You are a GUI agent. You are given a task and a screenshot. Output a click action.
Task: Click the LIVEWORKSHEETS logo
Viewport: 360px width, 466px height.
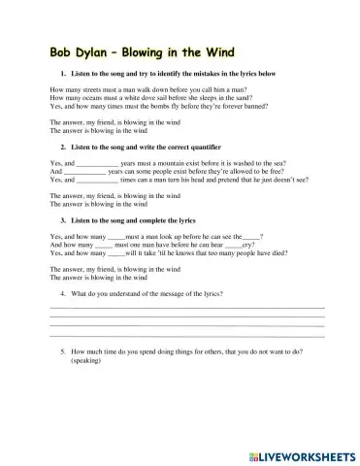[x=300, y=453]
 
